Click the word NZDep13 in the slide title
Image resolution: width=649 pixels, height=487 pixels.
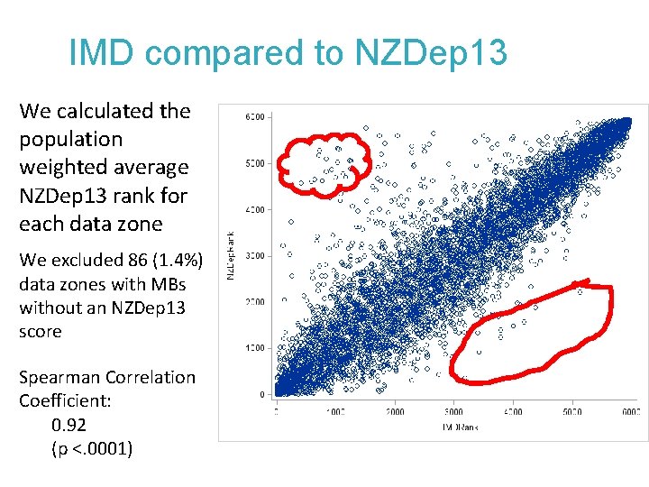[431, 54]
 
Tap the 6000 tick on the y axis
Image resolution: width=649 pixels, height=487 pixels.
[256, 117]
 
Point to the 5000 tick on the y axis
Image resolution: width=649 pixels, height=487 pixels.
[256, 163]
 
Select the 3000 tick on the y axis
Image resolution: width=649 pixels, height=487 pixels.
[256, 256]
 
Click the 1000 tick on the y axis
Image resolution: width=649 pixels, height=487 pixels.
[256, 348]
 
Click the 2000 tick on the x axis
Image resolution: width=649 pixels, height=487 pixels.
[395, 411]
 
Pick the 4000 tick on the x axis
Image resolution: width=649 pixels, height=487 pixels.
[513, 411]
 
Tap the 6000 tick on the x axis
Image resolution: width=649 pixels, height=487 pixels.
[630, 411]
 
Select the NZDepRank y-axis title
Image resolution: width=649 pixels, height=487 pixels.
[230, 256]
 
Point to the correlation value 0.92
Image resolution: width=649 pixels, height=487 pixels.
[70, 425]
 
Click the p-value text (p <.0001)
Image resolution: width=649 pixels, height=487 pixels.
[92, 448]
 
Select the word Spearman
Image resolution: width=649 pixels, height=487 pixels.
[58, 377]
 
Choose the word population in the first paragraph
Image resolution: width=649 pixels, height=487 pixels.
[71, 139]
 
